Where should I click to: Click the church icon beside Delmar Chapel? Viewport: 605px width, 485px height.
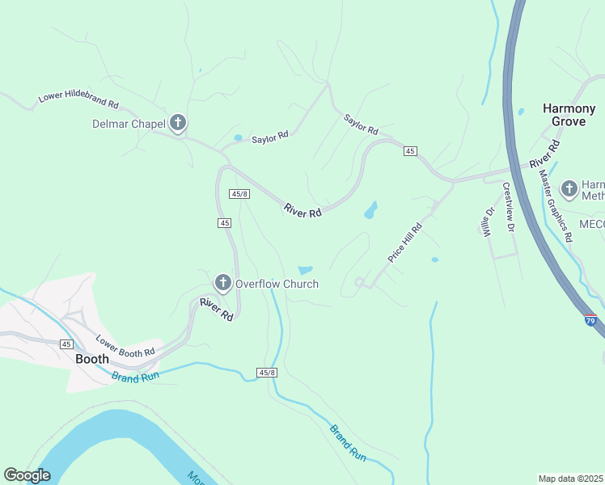178,123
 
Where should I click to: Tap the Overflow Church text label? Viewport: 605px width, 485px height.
277,284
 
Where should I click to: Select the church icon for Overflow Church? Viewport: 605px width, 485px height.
222,283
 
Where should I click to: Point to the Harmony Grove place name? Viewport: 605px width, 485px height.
563,114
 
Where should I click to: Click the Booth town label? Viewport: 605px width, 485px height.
92,358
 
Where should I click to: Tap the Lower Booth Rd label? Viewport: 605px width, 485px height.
125,347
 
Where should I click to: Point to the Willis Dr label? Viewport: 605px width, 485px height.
489,221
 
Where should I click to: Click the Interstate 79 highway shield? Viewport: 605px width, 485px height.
590,319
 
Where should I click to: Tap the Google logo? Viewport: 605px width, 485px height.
27,475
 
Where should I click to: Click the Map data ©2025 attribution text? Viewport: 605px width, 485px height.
571,478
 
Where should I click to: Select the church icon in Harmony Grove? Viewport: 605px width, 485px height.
569,189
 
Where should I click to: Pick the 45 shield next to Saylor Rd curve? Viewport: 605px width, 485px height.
410,151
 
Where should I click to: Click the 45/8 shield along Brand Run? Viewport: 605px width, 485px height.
267,373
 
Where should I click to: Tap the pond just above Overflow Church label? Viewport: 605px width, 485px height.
306,270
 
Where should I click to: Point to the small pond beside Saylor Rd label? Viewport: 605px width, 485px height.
238,138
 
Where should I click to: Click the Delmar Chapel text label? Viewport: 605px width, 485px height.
129,124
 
